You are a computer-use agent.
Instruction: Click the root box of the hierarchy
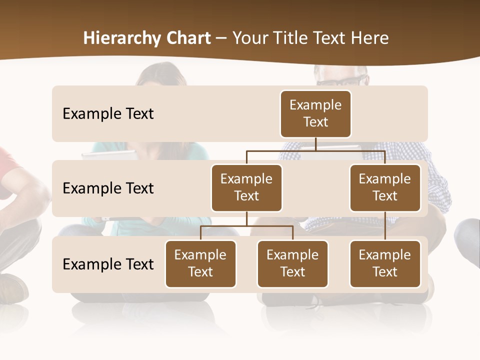point(315,113)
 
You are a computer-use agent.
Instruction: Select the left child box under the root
point(246,187)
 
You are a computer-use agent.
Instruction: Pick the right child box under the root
point(385,187)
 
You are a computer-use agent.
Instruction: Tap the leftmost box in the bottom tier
point(200,263)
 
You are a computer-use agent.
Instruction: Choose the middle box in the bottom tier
point(292,263)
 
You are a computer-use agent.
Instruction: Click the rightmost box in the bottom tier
point(385,263)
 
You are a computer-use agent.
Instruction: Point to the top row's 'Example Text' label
point(108,113)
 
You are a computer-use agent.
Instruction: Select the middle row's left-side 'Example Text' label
point(108,188)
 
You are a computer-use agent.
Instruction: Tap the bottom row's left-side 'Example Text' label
point(108,264)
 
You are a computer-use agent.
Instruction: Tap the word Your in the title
point(248,38)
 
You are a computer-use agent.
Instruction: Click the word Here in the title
point(369,38)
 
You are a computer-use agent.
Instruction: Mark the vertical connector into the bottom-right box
point(385,226)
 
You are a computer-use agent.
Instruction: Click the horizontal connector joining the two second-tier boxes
point(315,150)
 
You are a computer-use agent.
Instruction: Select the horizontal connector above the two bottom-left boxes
point(246,226)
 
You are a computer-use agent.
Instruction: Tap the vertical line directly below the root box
point(315,144)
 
